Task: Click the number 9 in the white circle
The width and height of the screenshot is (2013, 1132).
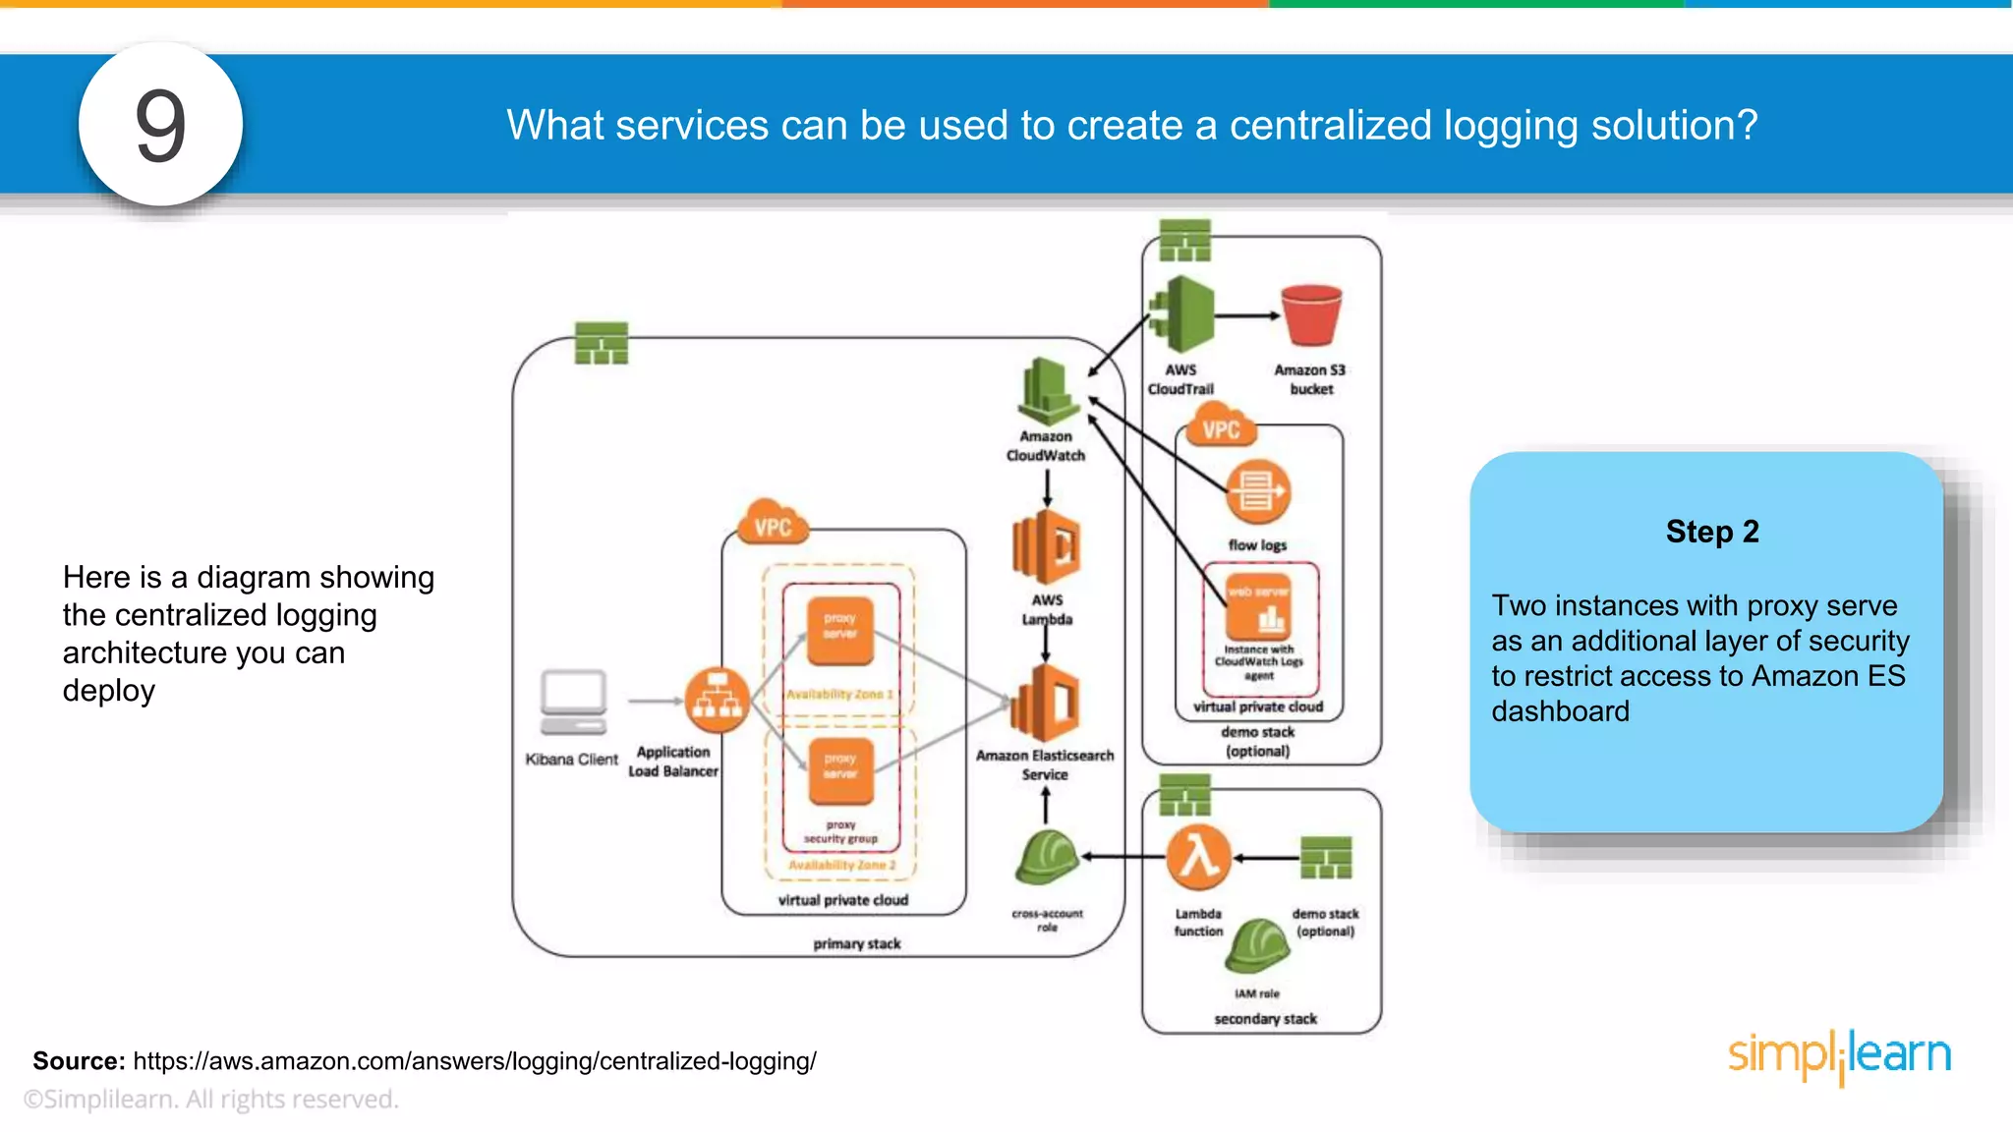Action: pyautogui.click(x=160, y=125)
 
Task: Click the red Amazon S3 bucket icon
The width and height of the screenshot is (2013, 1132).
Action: pyautogui.click(x=1311, y=314)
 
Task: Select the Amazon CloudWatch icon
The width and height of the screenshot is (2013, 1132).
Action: pyautogui.click(x=1047, y=391)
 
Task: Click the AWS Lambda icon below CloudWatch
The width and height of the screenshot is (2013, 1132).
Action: pyautogui.click(x=1046, y=547)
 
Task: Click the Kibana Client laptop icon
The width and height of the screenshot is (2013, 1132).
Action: pyautogui.click(x=573, y=702)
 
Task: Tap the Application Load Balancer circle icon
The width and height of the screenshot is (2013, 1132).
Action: pyautogui.click(x=717, y=700)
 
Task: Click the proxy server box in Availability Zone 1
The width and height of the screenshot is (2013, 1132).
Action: pyautogui.click(x=839, y=627)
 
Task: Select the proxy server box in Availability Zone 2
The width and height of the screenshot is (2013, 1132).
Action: pyautogui.click(x=839, y=767)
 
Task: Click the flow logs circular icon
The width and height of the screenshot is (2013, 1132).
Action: pyautogui.click(x=1257, y=492)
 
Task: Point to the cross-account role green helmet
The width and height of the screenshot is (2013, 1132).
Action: pyautogui.click(x=1047, y=858)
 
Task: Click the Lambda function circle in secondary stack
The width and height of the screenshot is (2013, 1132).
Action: pyautogui.click(x=1198, y=857)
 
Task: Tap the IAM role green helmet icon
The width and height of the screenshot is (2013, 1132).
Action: pyautogui.click(x=1257, y=946)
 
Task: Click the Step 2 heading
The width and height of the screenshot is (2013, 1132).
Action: pyautogui.click(x=1711, y=532)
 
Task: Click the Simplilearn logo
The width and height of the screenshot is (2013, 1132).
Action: pyautogui.click(x=1839, y=1055)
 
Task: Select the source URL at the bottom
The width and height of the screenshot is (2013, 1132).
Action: pyautogui.click(x=475, y=1061)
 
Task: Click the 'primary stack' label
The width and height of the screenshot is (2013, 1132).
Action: pyautogui.click(x=856, y=943)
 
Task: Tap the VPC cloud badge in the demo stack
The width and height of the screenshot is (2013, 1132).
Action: pyautogui.click(x=1220, y=429)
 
